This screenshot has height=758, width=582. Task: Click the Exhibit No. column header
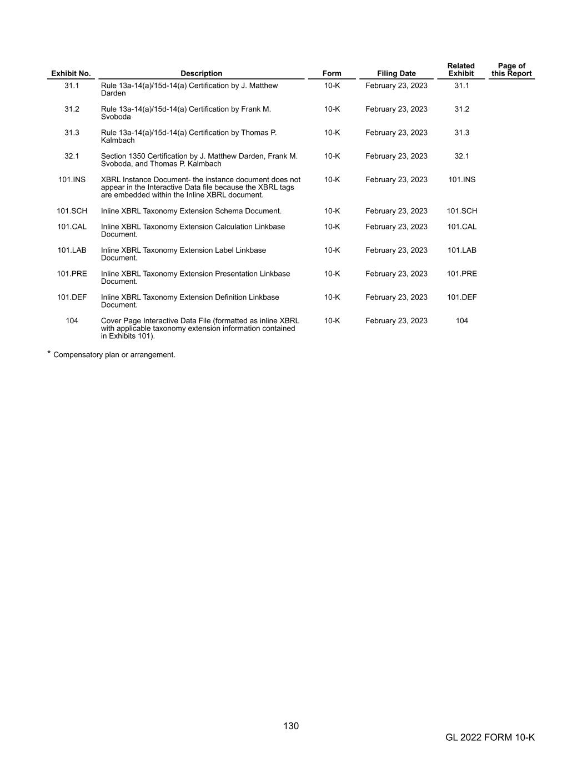(71, 73)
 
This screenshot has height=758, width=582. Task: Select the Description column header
(201, 73)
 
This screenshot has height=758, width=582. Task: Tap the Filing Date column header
(396, 73)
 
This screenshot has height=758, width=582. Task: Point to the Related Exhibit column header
(461, 69)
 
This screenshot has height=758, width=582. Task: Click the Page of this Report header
(511, 69)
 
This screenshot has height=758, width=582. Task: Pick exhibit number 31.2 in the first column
(72, 109)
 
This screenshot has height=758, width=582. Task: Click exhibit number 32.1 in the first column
(72, 156)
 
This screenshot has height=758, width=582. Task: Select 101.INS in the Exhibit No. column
(72, 179)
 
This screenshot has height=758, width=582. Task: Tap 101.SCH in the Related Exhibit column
(461, 211)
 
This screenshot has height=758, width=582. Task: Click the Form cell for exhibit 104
(332, 320)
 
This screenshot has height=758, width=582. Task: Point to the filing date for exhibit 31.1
(396, 86)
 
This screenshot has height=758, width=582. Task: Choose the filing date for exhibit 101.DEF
(396, 297)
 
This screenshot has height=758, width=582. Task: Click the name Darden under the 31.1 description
(113, 93)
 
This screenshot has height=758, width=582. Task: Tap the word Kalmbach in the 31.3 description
(118, 140)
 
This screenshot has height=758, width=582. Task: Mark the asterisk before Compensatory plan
(49, 353)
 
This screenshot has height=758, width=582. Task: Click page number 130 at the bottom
(291, 726)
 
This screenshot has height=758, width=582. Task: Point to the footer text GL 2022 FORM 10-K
(490, 737)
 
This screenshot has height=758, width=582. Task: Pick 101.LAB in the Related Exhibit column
(461, 250)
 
